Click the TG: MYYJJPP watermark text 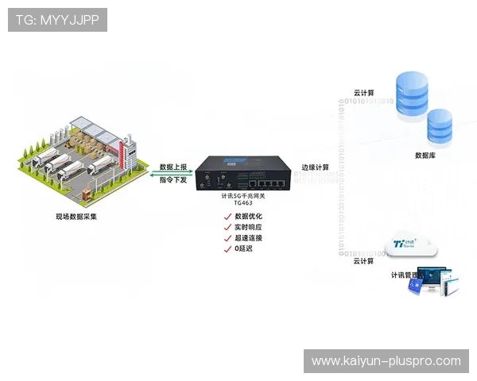(x=56, y=20)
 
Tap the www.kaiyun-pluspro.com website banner (x=386, y=361)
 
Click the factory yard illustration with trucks (x=83, y=159)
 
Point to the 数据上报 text (x=173, y=167)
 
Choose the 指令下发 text (x=173, y=180)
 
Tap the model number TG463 (x=242, y=202)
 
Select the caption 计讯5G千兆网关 (x=242, y=194)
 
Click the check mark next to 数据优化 (x=227, y=216)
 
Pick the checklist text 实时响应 (x=248, y=227)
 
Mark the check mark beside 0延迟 (x=227, y=249)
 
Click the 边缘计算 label (x=315, y=167)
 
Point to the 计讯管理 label (x=404, y=275)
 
